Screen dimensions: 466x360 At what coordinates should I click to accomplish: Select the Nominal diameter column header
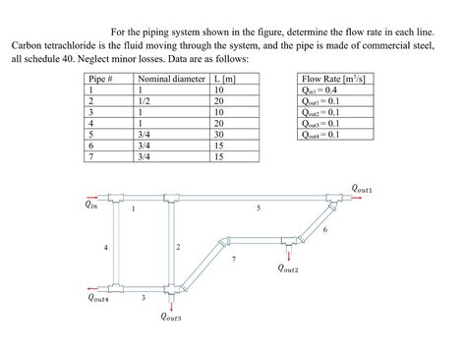point(172,78)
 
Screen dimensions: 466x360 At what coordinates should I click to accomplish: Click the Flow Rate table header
point(336,78)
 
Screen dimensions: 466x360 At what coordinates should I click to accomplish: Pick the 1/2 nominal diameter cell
point(145,99)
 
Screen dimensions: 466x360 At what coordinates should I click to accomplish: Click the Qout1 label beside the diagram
point(362,186)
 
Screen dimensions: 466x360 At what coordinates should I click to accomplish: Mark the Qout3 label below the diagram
point(172,316)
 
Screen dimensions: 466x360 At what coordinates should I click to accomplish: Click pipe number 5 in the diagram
point(259,209)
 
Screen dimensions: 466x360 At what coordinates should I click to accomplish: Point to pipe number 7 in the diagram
point(233,259)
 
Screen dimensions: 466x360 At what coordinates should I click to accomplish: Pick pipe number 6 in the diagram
point(323,229)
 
